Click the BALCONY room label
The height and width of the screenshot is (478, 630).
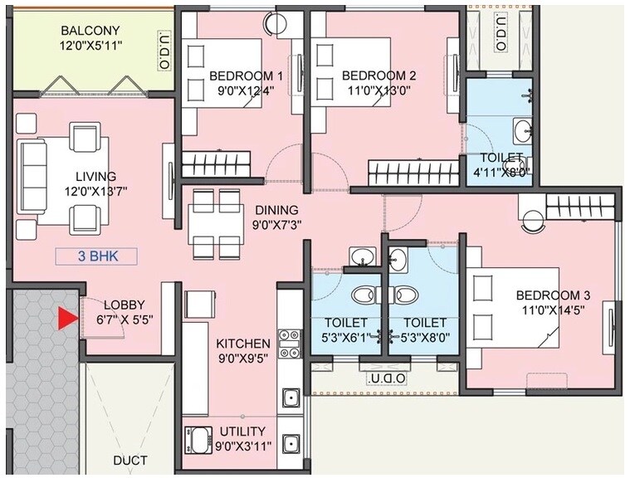click(91, 32)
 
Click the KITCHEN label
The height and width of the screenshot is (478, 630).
click(242, 343)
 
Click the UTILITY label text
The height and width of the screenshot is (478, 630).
click(242, 431)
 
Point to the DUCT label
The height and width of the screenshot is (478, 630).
click(130, 461)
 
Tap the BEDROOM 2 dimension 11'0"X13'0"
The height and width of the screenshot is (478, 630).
click(379, 91)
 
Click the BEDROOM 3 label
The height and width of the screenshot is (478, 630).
click(553, 295)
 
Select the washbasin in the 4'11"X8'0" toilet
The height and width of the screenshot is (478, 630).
click(524, 130)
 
